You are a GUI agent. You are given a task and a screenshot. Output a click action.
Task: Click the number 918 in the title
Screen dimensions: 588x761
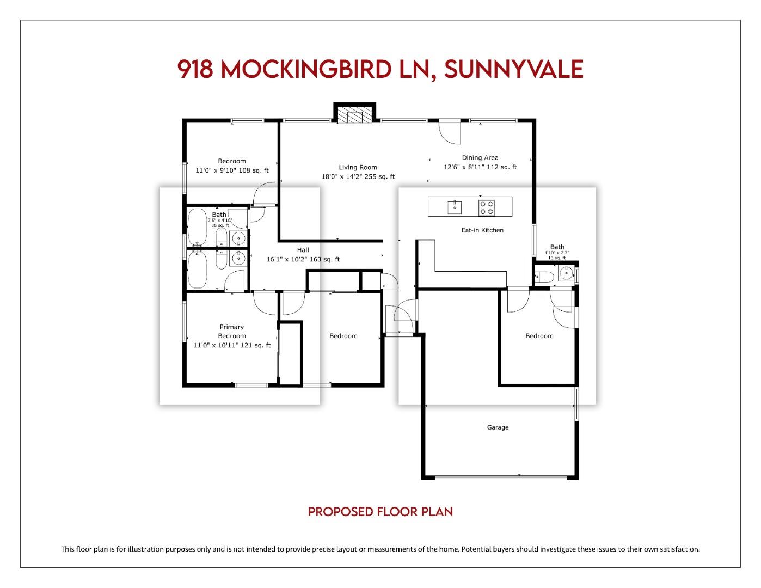point(195,69)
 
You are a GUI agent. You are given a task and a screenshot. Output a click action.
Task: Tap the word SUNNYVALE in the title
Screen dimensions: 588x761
point(513,69)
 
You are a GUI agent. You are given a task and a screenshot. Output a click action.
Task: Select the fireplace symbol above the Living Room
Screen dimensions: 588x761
point(354,114)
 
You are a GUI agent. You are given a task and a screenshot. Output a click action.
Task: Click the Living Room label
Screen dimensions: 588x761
point(358,167)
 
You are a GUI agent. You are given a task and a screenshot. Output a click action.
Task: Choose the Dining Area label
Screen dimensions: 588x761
point(480,158)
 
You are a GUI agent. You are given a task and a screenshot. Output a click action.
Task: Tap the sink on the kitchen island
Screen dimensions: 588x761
point(455,207)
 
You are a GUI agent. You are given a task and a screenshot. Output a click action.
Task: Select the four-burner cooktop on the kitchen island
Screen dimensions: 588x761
point(487,207)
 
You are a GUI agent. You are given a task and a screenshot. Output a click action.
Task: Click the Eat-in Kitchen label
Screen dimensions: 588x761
point(482,230)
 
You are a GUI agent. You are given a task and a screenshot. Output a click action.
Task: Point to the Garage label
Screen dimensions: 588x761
point(498,427)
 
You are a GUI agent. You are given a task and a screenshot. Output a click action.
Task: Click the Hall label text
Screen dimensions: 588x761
point(303,250)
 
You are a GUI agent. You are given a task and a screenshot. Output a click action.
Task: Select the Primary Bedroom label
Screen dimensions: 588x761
point(232,331)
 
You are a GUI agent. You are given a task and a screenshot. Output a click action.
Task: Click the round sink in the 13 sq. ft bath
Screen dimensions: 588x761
point(567,273)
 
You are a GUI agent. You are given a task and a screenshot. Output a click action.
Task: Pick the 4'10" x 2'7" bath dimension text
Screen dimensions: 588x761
point(557,253)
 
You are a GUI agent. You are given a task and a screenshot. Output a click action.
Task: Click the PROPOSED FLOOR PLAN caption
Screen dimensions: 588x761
point(380,512)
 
